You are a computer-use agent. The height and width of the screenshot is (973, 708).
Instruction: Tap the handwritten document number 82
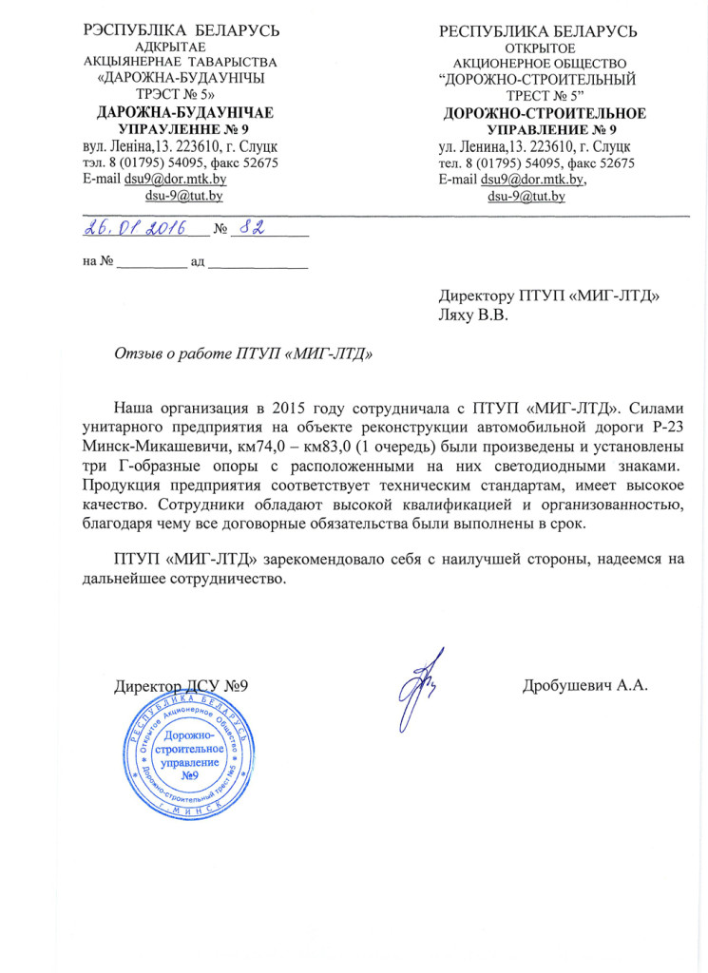pyautogui.click(x=251, y=228)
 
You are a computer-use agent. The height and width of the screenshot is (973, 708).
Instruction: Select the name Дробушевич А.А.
pyautogui.click(x=584, y=685)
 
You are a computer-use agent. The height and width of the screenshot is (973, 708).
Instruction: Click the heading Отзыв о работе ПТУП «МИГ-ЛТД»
pyautogui.click(x=243, y=354)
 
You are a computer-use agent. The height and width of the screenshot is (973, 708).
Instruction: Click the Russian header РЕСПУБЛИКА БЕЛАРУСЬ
pyautogui.click(x=538, y=32)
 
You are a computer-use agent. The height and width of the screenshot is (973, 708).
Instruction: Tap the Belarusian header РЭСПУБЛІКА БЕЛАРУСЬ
pyautogui.click(x=182, y=31)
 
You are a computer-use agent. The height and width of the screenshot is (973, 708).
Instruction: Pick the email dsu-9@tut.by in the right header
pyautogui.click(x=526, y=197)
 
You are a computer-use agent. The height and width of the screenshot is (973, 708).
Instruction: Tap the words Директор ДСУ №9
pyautogui.click(x=181, y=685)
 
